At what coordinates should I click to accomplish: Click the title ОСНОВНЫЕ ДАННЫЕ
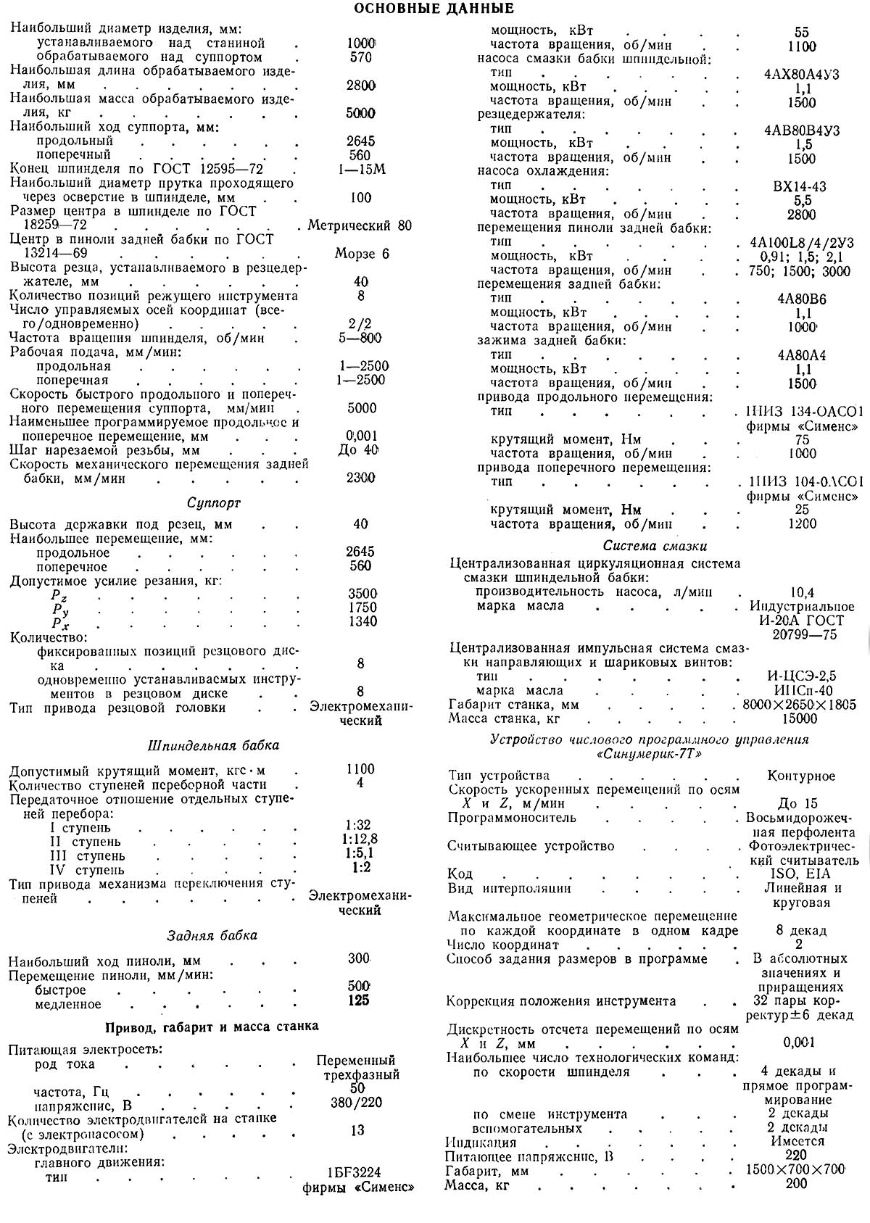pyautogui.click(x=434, y=9)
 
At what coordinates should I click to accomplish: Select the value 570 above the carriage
pyautogui.click(x=360, y=57)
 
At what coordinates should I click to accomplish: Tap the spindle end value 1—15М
pyautogui.click(x=360, y=170)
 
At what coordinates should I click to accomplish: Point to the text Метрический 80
pyautogui.click(x=360, y=225)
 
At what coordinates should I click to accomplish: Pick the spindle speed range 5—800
pyautogui.click(x=360, y=339)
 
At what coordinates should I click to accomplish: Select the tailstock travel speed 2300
pyautogui.click(x=360, y=478)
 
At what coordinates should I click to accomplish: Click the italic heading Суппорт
pyautogui.click(x=214, y=502)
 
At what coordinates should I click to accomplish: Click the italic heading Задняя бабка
pyautogui.click(x=212, y=935)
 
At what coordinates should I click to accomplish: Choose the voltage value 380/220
pyautogui.click(x=357, y=1103)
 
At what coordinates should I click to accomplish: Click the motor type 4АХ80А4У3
pyautogui.click(x=802, y=75)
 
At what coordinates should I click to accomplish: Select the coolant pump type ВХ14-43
pyautogui.click(x=800, y=186)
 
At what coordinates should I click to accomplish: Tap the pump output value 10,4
pyautogui.click(x=801, y=592)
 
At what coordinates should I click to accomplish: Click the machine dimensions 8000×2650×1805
pyautogui.click(x=795, y=705)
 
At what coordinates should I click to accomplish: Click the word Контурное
pyautogui.click(x=801, y=776)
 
